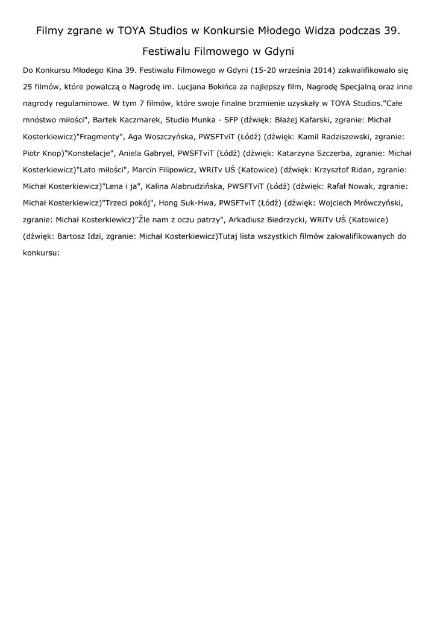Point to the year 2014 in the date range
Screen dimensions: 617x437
[323, 70]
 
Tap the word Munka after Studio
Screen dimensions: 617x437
[208, 120]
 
